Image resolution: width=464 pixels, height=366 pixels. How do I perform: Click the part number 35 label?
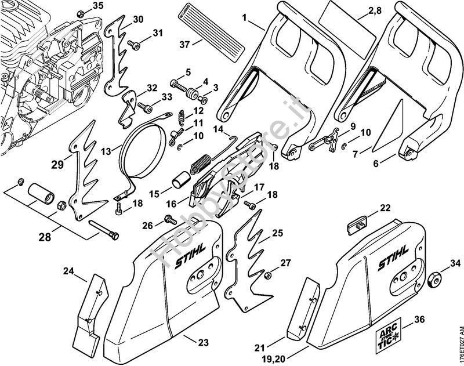coord(98,6)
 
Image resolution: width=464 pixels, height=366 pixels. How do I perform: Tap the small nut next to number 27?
coord(269,273)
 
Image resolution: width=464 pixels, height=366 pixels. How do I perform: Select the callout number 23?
coord(202,343)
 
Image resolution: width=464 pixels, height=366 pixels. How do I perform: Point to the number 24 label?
coord(69,270)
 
